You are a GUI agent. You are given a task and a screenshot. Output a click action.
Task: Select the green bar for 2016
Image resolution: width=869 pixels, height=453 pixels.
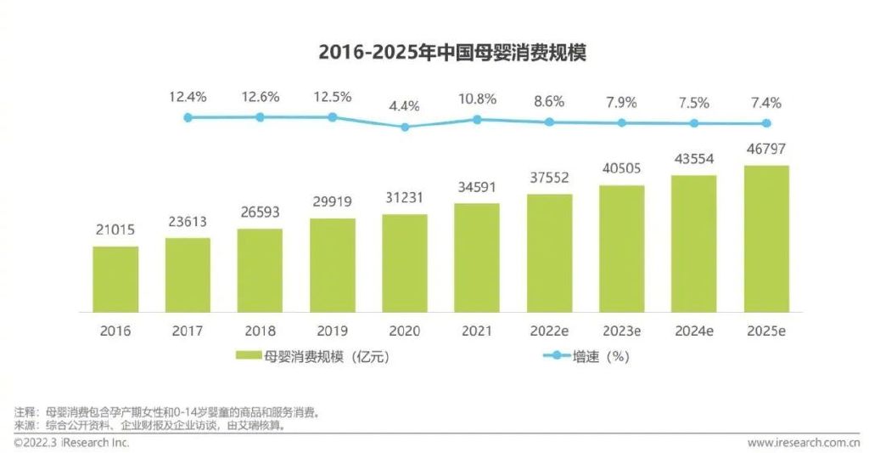pos(115,280)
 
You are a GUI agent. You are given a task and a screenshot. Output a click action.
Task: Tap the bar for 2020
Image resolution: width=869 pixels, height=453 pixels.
pos(405,263)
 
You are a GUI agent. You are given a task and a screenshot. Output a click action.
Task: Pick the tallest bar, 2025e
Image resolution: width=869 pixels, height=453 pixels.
pos(766,239)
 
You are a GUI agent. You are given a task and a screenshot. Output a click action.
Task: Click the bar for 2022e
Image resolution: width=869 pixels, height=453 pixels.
pos(549,253)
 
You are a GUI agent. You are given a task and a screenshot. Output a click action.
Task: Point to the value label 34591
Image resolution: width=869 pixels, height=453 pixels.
pos(476,188)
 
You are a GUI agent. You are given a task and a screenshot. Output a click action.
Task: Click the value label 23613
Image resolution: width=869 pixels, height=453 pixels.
pos(188,223)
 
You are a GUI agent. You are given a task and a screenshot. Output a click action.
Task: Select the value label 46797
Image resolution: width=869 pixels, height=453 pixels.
pos(766,150)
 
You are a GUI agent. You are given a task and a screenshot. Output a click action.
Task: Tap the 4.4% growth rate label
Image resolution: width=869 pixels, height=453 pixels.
pos(405,107)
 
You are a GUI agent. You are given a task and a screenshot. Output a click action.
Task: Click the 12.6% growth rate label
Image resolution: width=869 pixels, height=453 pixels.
pos(260,97)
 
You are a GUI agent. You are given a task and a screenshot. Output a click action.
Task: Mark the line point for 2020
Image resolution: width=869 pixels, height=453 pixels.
pos(405,127)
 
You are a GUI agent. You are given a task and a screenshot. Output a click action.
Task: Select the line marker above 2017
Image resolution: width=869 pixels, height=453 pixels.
pos(188,117)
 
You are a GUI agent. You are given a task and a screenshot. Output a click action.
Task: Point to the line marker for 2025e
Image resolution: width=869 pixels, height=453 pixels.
pos(766,123)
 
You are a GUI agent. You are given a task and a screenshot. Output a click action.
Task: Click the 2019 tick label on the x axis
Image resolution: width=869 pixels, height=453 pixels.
pos(333,330)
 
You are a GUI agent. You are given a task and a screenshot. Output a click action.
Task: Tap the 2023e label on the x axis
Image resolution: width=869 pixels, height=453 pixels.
pos(621,330)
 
